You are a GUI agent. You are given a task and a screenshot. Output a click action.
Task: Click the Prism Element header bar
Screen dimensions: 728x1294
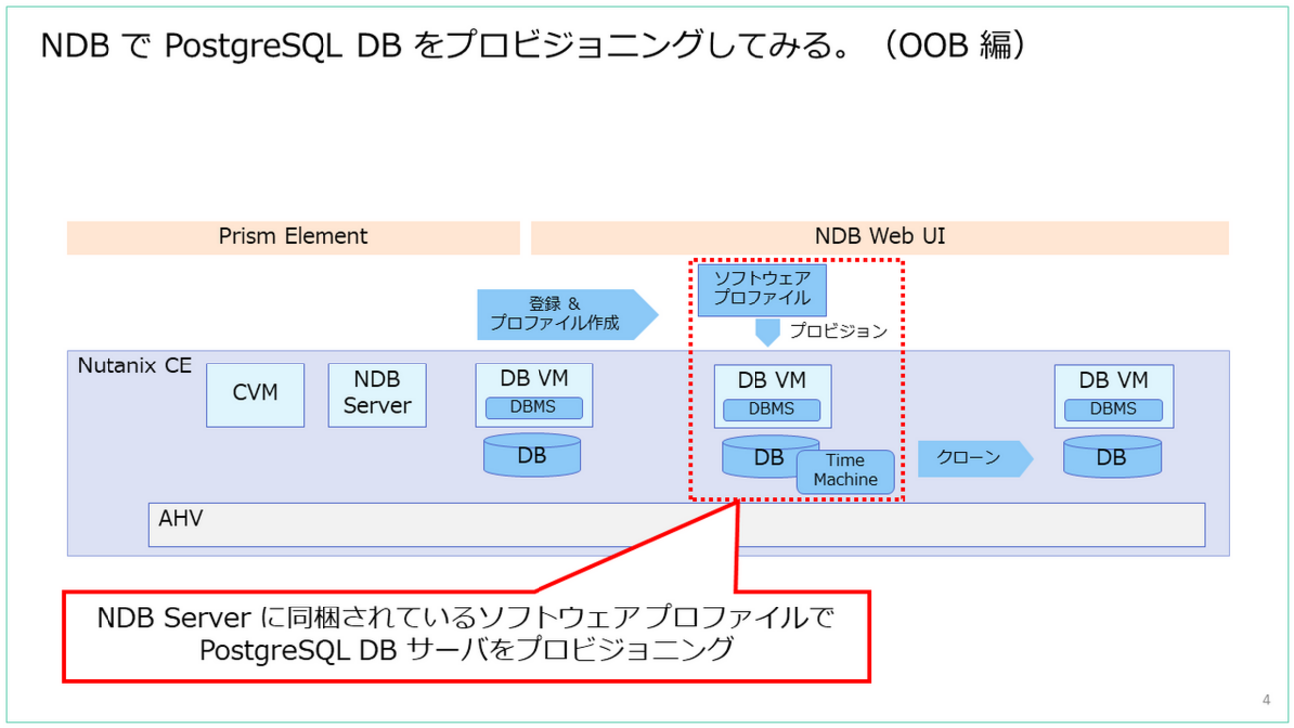pos(293,237)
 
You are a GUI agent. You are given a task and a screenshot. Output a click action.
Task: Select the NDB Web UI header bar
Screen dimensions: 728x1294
pos(880,237)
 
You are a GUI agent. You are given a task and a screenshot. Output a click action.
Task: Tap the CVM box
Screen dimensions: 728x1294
pos(255,394)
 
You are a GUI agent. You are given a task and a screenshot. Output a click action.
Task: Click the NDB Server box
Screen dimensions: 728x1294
pos(377,394)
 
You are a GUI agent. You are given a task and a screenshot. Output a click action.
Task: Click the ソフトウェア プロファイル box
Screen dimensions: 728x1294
pos(762,289)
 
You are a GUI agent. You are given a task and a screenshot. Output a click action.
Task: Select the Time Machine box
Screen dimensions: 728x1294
pos(845,470)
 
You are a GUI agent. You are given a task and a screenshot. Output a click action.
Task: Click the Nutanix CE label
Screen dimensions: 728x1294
pos(134,365)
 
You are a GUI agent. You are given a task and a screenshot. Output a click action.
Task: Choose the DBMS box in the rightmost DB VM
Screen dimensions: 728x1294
pos(1113,409)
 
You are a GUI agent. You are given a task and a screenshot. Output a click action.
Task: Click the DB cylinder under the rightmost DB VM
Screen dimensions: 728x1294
pos(1112,456)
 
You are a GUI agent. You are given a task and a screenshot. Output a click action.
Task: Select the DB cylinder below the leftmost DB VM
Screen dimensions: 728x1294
pos(532,455)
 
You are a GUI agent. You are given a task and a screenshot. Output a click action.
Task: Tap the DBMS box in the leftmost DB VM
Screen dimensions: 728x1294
pos(534,407)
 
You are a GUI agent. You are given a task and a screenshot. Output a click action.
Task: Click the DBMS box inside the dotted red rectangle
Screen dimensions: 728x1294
pos(771,409)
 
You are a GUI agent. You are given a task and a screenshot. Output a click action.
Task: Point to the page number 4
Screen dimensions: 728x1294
pos(1266,700)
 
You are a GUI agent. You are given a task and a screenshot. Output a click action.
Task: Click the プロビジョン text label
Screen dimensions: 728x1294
pos(838,331)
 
